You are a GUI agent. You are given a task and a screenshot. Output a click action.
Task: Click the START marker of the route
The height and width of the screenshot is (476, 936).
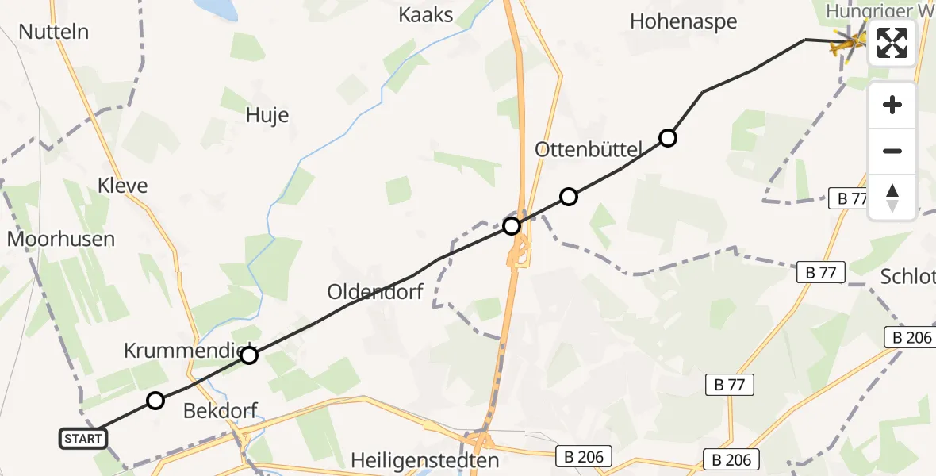coord(83,438)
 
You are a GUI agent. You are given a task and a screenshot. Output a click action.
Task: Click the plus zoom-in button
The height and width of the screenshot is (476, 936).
coord(892,105)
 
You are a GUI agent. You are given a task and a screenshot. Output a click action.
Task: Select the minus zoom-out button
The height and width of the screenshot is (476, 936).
coord(892,151)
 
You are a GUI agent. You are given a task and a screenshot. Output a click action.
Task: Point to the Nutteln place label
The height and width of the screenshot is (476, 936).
coord(53,33)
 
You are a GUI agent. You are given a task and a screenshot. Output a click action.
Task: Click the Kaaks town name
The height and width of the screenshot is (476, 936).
coord(426,15)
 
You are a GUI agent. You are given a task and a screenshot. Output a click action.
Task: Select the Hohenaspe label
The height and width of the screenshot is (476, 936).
coord(683,21)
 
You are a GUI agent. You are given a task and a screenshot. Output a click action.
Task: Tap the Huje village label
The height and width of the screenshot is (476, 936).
coord(267,115)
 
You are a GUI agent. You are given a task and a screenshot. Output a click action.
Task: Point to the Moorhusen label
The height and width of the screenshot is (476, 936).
coord(61,239)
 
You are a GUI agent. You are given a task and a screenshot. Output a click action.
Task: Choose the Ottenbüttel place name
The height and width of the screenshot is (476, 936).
coord(587,148)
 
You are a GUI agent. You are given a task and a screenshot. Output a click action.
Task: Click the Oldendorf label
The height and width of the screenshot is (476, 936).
coord(375,292)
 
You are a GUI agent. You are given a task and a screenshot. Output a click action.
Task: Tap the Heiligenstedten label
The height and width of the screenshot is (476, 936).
coord(425,460)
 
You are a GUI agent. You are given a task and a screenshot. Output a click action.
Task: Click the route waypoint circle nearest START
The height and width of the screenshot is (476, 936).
coord(155,401)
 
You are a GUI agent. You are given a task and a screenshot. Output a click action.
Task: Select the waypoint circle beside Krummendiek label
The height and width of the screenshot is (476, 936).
coord(249,355)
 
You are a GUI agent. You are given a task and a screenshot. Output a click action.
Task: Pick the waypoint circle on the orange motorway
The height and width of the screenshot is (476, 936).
coord(512,226)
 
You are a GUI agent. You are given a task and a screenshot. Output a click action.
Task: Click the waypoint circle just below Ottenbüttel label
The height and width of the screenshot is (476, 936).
coord(569,197)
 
